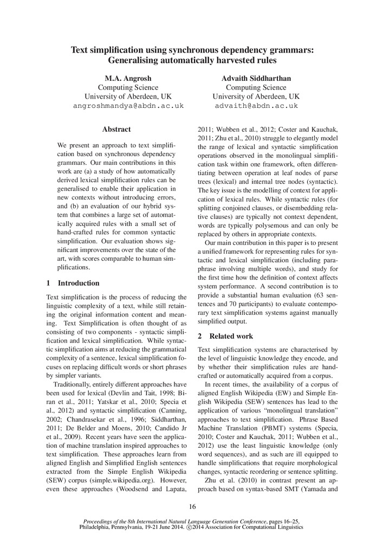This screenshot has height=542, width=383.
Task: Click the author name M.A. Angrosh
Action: pos(128,78)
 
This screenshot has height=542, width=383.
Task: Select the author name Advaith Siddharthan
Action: pos(256,78)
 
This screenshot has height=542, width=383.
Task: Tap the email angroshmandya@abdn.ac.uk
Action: pos(128,106)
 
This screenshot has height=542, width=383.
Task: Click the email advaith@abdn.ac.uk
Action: pos(256,106)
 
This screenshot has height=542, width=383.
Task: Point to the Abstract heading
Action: pos(116,130)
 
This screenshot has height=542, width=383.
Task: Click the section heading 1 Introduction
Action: pos(73,283)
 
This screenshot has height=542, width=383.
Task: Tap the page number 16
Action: pos(192,507)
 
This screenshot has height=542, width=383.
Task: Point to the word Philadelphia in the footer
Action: pos(99,527)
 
